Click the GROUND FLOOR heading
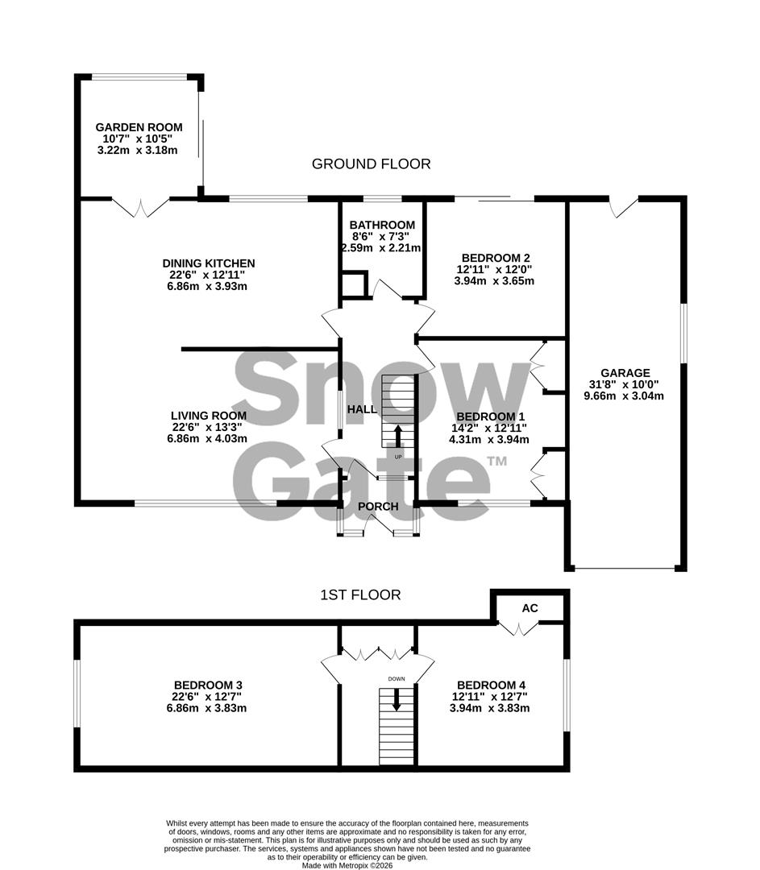[371, 164]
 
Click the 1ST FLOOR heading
[360, 595]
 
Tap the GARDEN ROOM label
[139, 127]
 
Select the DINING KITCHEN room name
[209, 263]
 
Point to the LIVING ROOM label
[209, 416]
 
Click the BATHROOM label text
[382, 225]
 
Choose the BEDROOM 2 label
[495, 258]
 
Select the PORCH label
[378, 507]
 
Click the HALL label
[362, 409]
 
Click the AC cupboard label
[530, 608]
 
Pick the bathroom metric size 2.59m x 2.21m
[382, 248]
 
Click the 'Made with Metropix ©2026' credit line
[347, 865]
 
